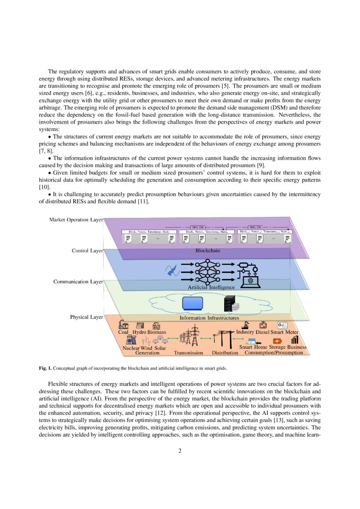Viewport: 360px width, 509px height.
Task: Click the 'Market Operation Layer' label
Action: click(76, 220)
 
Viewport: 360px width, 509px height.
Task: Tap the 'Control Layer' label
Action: click(87, 251)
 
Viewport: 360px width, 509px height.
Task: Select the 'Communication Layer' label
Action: click(78, 282)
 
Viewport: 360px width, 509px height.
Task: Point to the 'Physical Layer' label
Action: click(86, 317)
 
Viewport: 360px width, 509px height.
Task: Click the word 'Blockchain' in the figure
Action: click(208, 251)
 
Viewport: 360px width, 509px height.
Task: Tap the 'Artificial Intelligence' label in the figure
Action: click(211, 287)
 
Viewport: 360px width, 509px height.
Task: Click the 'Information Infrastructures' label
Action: click(209, 318)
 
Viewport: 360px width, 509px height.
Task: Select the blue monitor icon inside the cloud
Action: click(193, 303)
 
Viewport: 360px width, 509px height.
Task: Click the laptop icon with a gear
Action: click(250, 281)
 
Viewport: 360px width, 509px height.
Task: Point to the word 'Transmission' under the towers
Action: click(188, 353)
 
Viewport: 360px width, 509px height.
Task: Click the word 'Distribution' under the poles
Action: click(225, 353)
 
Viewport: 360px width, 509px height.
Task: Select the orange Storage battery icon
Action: click(276, 341)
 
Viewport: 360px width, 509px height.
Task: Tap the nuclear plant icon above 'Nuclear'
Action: click(130, 340)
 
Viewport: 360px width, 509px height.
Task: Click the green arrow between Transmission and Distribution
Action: click(206, 338)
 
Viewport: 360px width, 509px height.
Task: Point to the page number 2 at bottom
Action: click(180, 451)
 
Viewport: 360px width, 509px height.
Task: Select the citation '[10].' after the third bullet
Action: click(45, 186)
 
